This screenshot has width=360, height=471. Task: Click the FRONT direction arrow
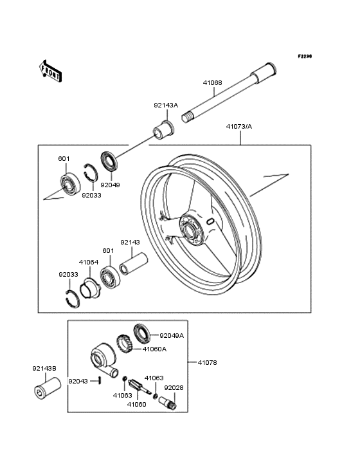pos(50,71)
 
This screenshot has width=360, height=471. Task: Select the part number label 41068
pos(212,82)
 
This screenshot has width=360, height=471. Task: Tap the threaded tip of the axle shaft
pos(186,116)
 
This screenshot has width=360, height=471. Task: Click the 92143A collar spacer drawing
pos(163,130)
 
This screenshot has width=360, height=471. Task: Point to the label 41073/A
pos(239,127)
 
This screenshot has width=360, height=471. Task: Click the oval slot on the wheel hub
pos(210,222)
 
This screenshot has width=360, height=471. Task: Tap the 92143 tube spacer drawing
pos(134,264)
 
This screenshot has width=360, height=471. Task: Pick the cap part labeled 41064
pos(90,289)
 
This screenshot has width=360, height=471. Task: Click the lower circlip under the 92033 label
pos(73,299)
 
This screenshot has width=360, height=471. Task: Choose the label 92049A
pos(172,335)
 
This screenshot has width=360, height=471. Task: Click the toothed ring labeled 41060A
pos(125,344)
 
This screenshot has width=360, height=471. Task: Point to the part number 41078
pos(207,362)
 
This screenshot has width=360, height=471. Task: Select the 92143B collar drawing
pos(47,387)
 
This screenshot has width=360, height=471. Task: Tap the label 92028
pos(174,388)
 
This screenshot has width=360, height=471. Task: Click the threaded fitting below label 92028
pos(168,403)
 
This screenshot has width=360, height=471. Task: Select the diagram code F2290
pos(305,56)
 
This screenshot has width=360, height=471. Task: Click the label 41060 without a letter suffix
pos(136,405)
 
